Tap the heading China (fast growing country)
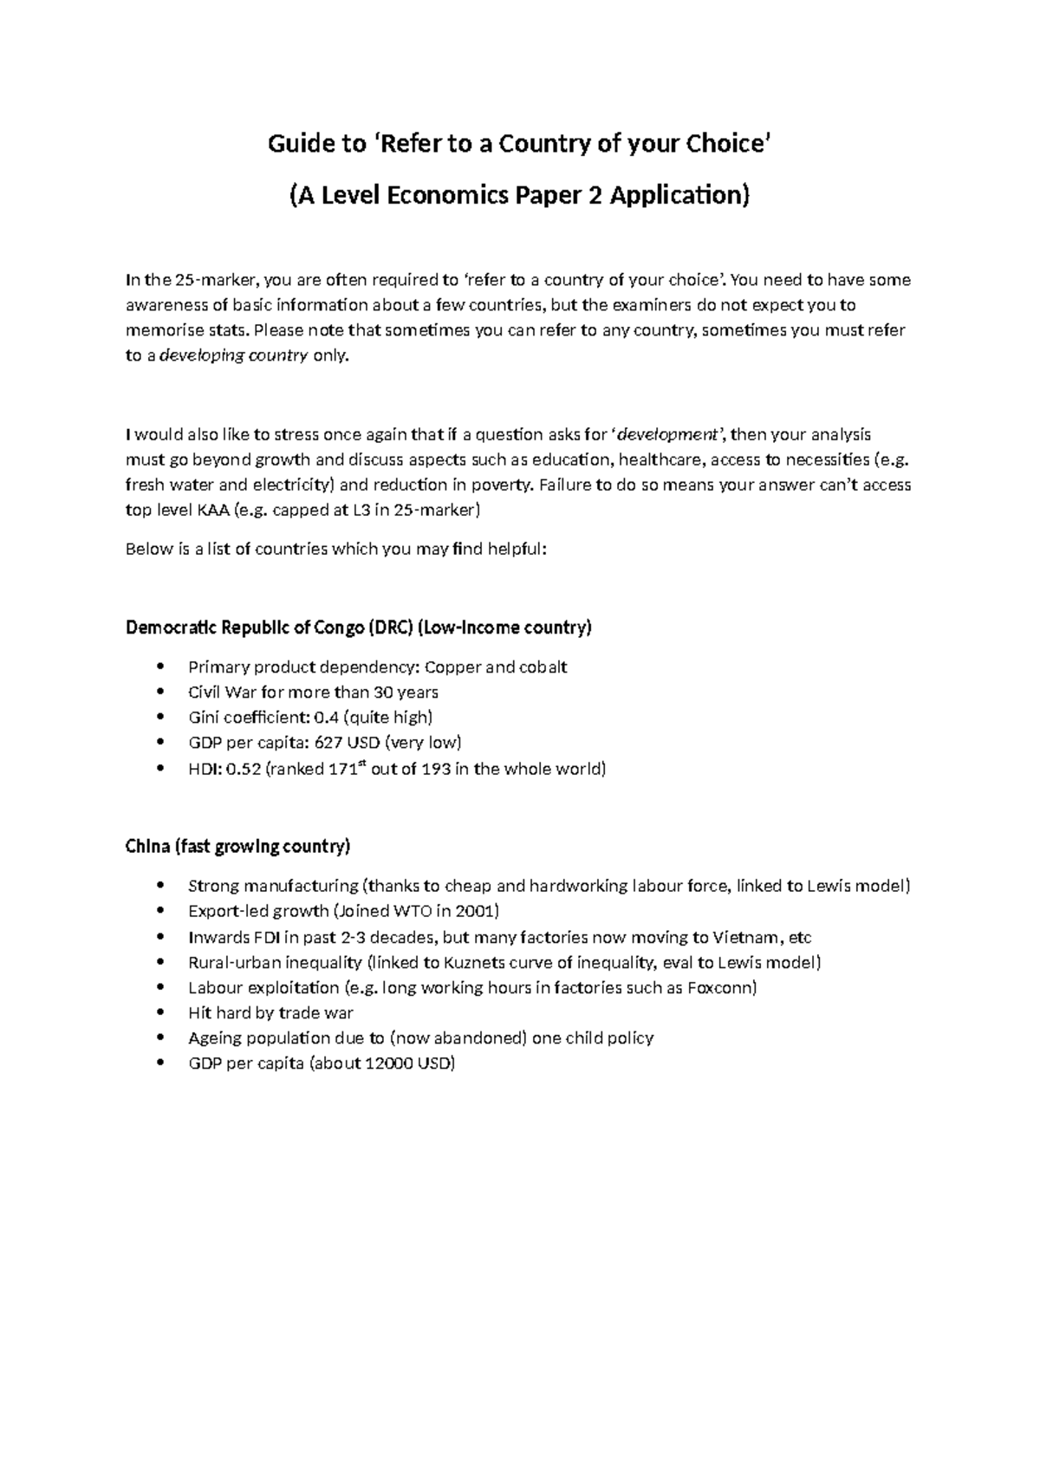(237, 846)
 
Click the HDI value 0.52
(244, 769)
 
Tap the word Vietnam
(746, 937)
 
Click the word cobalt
(543, 667)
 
